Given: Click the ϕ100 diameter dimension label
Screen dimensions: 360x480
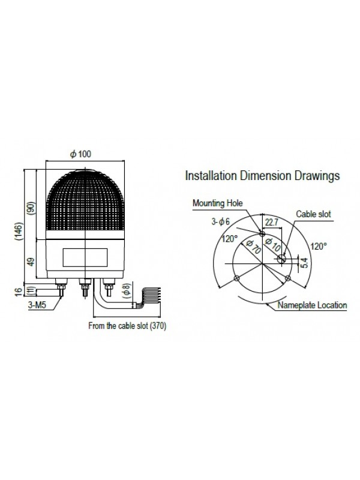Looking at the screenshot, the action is pyautogui.click(x=81, y=154).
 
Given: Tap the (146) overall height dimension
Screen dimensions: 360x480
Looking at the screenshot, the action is pyautogui.click(x=19, y=232).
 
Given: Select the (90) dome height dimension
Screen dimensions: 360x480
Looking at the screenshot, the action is pyautogui.click(x=32, y=208).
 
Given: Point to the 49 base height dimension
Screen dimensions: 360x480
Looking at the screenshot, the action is pyautogui.click(x=32, y=262).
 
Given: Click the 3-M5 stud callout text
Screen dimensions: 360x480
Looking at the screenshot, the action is pyautogui.click(x=37, y=305).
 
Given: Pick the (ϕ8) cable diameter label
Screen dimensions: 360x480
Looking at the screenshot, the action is pyautogui.click(x=127, y=290).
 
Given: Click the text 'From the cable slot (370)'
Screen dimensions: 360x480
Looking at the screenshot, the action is pyautogui.click(x=127, y=326).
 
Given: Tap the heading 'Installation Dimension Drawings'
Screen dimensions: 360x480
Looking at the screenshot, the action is pyautogui.click(x=262, y=176).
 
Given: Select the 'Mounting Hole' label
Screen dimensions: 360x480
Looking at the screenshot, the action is pyautogui.click(x=217, y=203).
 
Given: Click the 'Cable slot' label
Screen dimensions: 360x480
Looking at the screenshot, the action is pyautogui.click(x=313, y=214).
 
